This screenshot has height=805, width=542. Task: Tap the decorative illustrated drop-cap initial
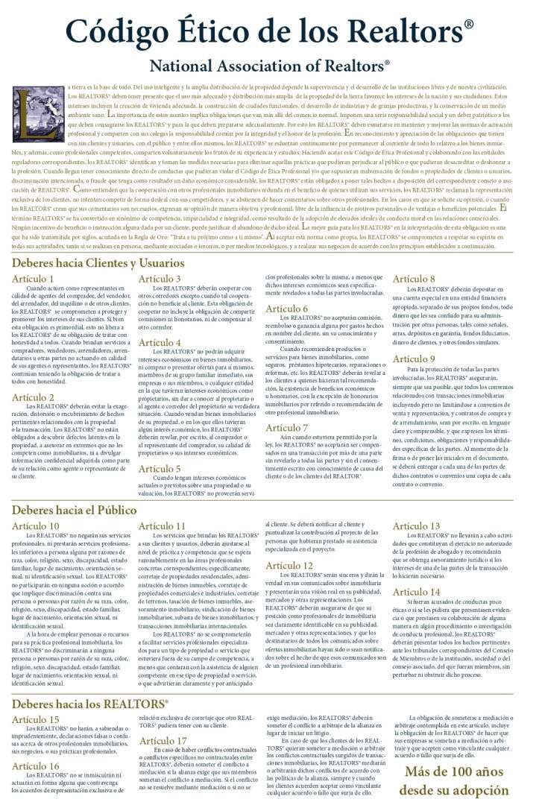pos(28,113)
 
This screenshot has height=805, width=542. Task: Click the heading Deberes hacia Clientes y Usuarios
pos(98,263)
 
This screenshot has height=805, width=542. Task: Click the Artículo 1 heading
pos(33,279)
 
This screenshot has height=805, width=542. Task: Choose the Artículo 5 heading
pos(160,469)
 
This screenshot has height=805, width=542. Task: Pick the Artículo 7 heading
pos(286,427)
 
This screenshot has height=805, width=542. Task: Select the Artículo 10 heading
pos(36,525)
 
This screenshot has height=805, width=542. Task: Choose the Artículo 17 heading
pos(163,740)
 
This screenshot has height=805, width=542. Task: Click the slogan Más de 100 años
pos(457,771)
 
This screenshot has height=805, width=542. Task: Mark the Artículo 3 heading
pos(160,279)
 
